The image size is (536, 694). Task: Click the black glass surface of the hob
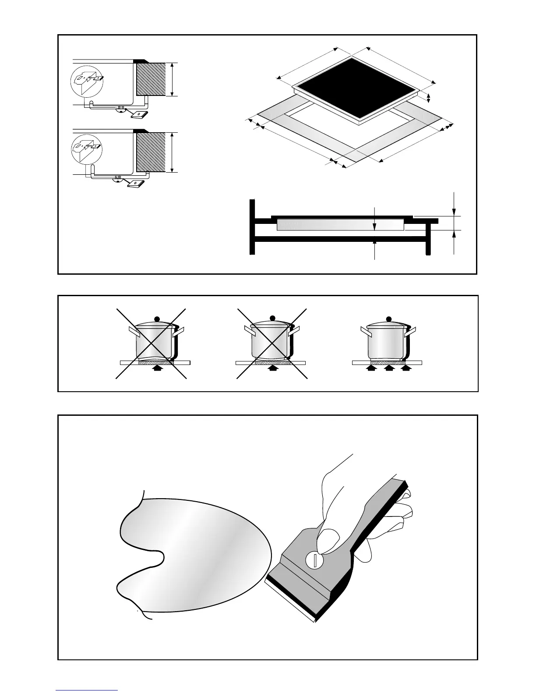(357, 88)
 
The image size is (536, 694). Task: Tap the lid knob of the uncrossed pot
(389, 319)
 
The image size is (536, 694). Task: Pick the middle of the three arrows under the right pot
(388, 369)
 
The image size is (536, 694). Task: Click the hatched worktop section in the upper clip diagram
(151, 79)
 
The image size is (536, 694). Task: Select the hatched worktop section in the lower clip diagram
(151, 152)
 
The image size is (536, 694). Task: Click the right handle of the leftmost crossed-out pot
(178, 332)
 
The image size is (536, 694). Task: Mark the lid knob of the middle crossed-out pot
(272, 318)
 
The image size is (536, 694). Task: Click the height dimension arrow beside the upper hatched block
(173, 79)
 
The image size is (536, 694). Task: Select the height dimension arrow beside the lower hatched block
(173, 152)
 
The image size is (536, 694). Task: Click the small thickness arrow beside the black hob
(429, 97)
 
